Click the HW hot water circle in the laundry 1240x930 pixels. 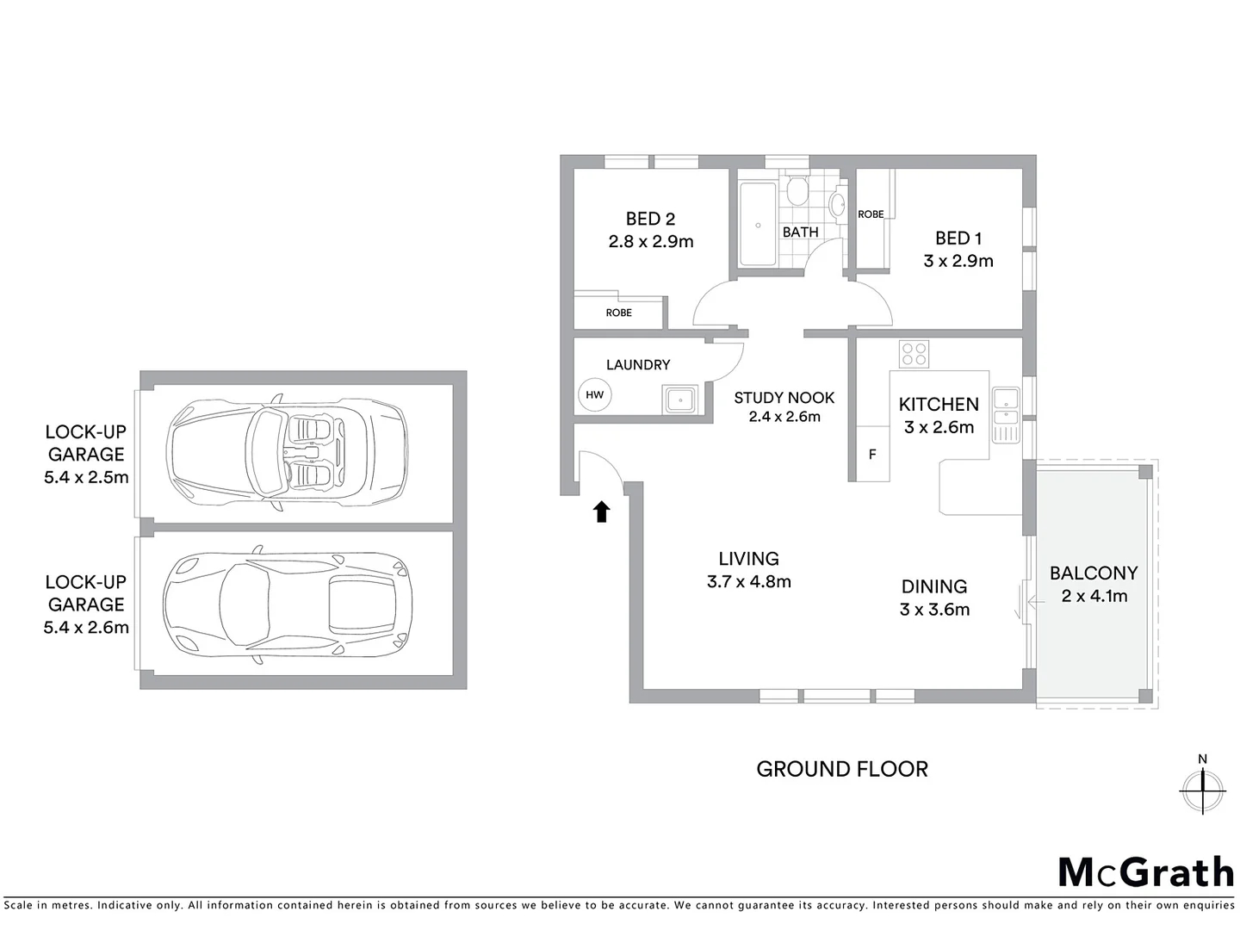(x=594, y=395)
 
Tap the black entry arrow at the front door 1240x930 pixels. (x=602, y=512)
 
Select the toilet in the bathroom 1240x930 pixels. (x=797, y=191)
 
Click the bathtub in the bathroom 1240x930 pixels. (x=758, y=224)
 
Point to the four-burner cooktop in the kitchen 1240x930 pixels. (x=914, y=354)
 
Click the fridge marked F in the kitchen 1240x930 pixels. (x=872, y=454)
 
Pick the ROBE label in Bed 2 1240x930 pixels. (x=618, y=313)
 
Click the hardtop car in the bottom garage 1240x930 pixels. (x=288, y=604)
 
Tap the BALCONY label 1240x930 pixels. (x=1094, y=573)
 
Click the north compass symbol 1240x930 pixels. (x=1202, y=787)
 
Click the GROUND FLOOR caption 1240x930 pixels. (x=842, y=769)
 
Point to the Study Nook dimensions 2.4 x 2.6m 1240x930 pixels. (x=784, y=417)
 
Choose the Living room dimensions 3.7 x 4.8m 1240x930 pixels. (x=748, y=582)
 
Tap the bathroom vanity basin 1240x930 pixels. (x=837, y=205)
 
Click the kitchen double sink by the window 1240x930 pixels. (x=1005, y=408)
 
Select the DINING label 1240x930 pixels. (x=934, y=586)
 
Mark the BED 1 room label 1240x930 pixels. (x=958, y=239)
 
